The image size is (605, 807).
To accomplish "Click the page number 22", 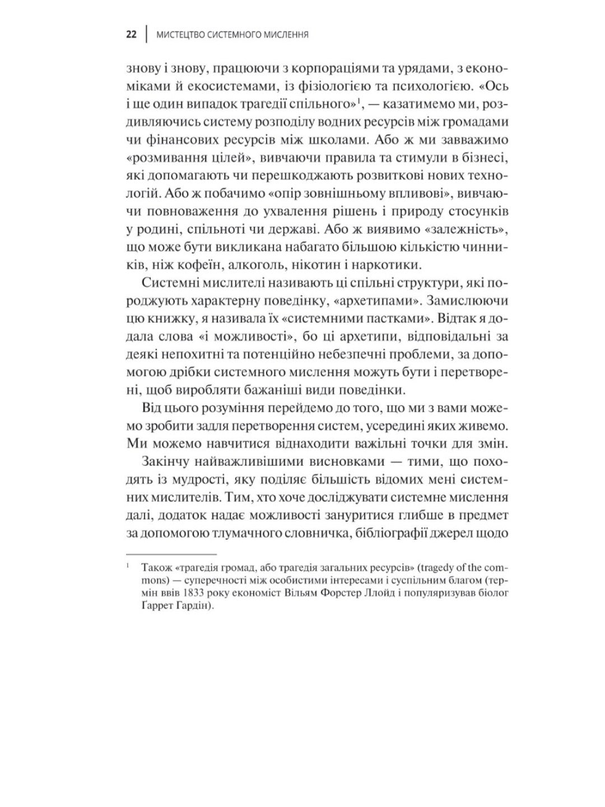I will (x=132, y=35).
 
